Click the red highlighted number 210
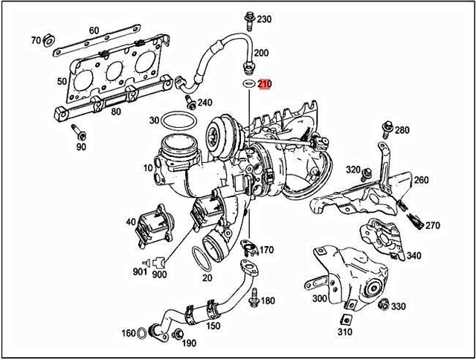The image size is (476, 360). [x=266, y=84]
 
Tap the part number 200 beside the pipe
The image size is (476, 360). [x=262, y=54]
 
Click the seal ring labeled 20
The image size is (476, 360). [x=207, y=257]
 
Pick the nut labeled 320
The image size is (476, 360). [x=367, y=173]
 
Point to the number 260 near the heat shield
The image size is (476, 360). [x=421, y=180]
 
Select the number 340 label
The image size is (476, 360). [x=414, y=256]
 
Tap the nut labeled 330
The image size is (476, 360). [x=384, y=305]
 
